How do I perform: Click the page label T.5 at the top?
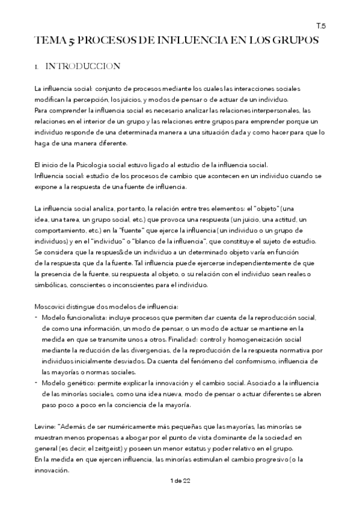click(x=320, y=26)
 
